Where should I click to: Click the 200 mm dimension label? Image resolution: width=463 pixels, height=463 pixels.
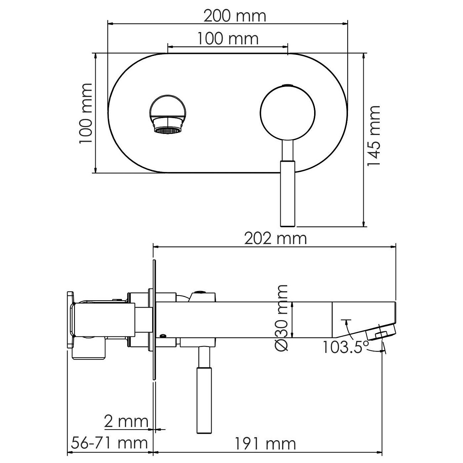pyautogui.click(x=235, y=16)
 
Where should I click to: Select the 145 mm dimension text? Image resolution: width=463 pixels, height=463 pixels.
pyautogui.click(x=374, y=136)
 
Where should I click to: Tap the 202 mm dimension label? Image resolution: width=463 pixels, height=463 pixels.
pyautogui.click(x=275, y=238)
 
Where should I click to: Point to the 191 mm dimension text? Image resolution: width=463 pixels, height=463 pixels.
pyautogui.click(x=265, y=444)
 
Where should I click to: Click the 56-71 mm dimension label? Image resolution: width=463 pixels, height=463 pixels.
pyautogui.click(x=109, y=443)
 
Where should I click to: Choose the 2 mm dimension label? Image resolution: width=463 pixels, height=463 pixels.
pyautogui.click(x=126, y=422)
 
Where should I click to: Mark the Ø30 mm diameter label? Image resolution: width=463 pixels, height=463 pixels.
pyautogui.click(x=282, y=318)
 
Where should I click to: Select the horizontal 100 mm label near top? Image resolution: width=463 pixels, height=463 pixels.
pyautogui.click(x=228, y=38)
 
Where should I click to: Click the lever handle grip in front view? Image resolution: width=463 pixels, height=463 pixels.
pyautogui.click(x=288, y=193)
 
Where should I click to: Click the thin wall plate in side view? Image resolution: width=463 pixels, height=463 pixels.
pyautogui.click(x=154, y=321)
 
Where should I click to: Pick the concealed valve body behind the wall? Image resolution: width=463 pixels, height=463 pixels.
pyautogui.click(x=103, y=321)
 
